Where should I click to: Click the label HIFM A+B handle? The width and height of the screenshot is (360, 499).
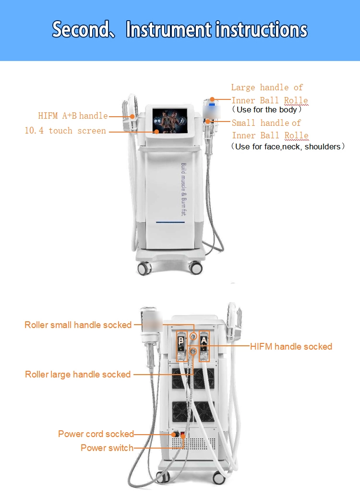point(73,116)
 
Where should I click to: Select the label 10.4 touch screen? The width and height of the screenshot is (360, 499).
point(65,131)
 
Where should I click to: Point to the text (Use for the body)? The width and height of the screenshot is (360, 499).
point(267,110)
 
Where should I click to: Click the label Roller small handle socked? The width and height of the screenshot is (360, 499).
point(78,325)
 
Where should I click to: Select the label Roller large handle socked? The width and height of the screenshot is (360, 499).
point(78,374)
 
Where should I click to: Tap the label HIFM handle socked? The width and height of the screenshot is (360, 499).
point(291,346)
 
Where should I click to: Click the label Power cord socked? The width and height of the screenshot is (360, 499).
point(96,434)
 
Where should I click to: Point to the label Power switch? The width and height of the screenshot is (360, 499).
point(107,448)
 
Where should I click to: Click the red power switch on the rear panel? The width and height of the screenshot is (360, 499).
point(182,436)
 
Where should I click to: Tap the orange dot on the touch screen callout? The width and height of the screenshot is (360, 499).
point(156,130)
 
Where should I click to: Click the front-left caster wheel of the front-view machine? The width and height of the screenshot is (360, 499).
point(144,268)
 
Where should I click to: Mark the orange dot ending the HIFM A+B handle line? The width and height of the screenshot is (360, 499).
point(132,116)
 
